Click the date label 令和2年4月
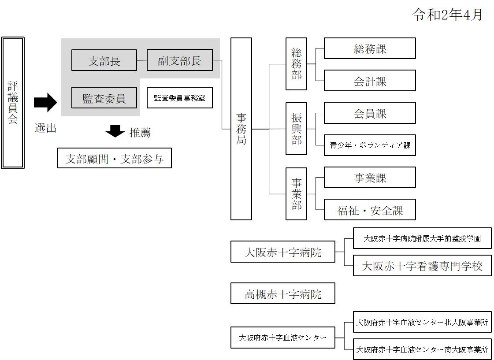coord(447,15)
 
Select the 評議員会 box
coord(13,103)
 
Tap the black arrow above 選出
coord(45,103)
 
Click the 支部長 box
coord(104,60)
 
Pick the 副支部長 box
coord(179,60)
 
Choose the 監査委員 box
coord(104,98)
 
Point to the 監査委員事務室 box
coord(179,98)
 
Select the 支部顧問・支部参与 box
coord(115,159)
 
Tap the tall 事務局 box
coord(241,129)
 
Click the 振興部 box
coord(296,129)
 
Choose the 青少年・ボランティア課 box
coord(370,145)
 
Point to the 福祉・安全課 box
coord(370,210)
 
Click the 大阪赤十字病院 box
coord(282,252)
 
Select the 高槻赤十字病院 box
coord(282,294)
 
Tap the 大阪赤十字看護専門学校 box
coord(422,266)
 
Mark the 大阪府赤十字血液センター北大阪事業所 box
coord(422,323)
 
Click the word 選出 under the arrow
coord(46,129)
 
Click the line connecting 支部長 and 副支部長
coord(141,60)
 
